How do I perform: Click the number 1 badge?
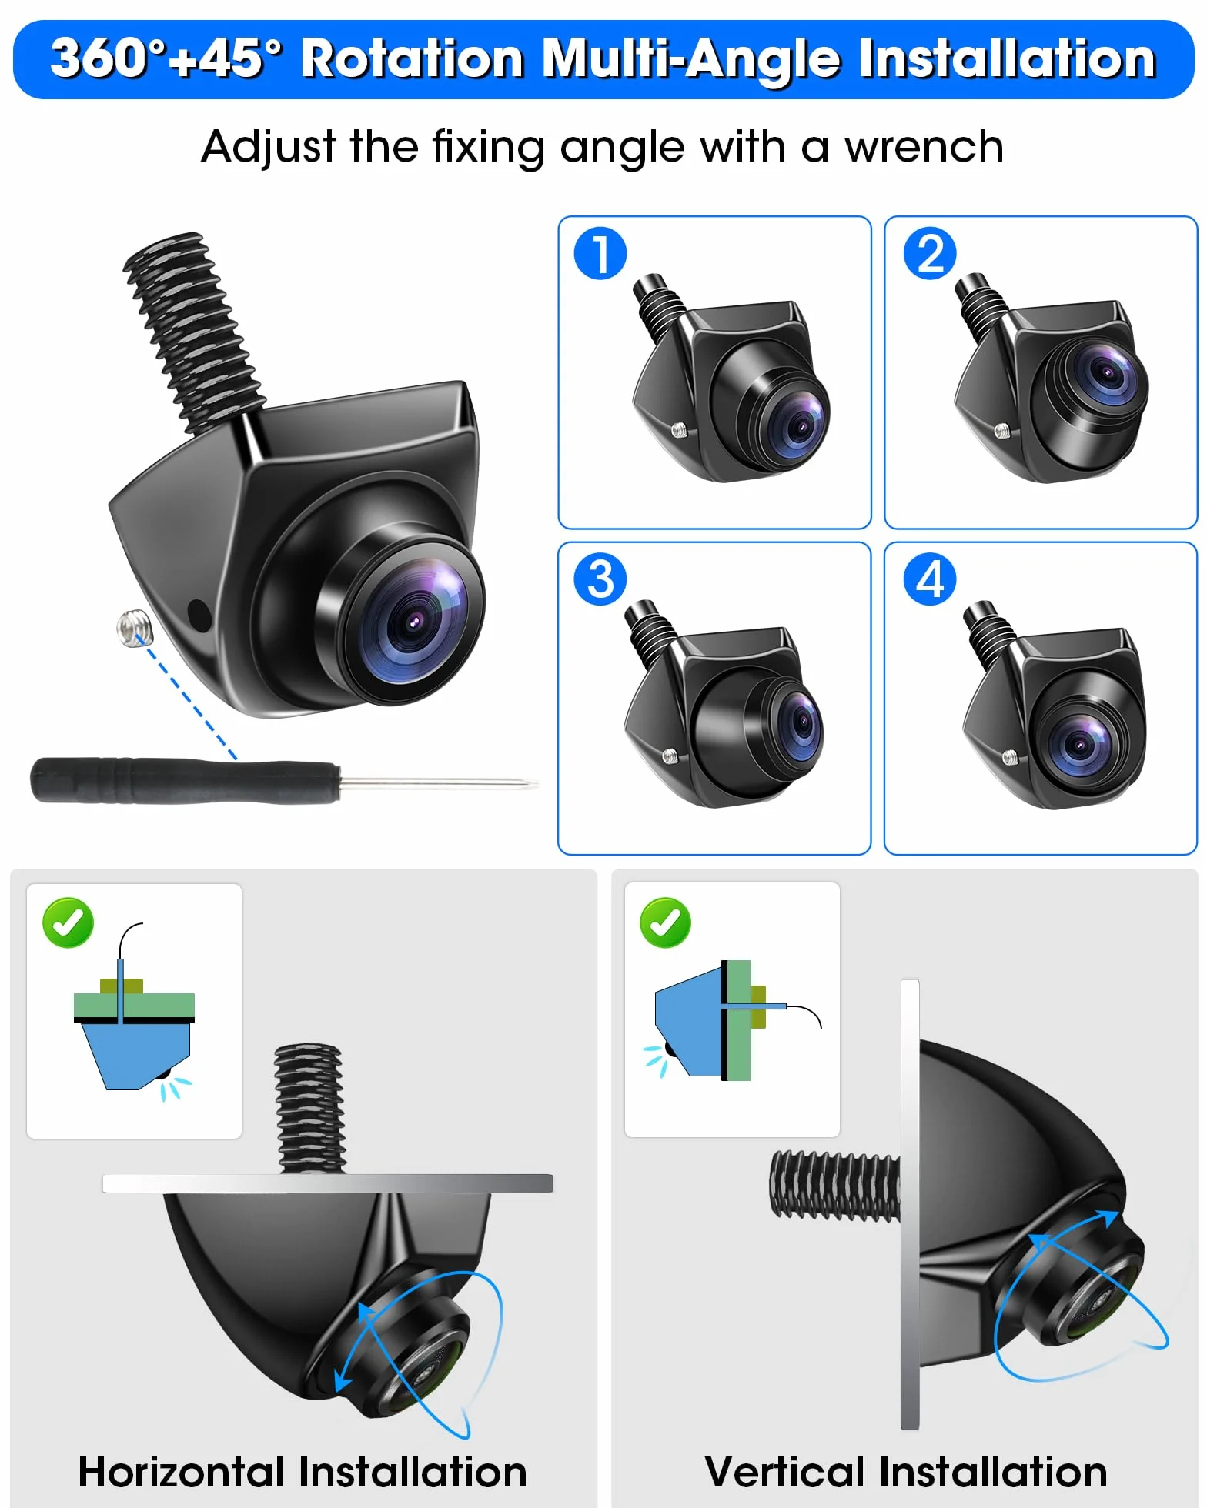(x=600, y=254)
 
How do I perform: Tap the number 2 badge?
(x=930, y=254)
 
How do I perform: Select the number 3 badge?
(x=600, y=579)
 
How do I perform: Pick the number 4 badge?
(x=930, y=579)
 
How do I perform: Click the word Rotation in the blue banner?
(x=413, y=58)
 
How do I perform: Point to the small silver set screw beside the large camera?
(x=135, y=627)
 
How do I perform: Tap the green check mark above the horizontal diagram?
(x=68, y=922)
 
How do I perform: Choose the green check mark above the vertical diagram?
(x=665, y=922)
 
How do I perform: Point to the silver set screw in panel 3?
(x=670, y=757)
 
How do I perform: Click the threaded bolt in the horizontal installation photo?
(x=309, y=1108)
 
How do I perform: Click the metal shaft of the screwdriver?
(x=439, y=783)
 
